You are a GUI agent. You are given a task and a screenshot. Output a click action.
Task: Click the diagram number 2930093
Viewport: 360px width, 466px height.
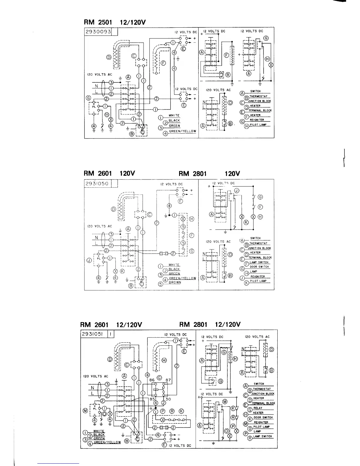coord(98,31)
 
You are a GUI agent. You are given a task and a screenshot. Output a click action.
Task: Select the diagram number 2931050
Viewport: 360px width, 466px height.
coord(97,184)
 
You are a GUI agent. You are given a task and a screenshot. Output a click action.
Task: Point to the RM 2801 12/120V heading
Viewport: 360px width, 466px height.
coord(210,324)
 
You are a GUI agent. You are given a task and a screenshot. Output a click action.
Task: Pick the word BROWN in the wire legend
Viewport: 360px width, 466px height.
coord(175,282)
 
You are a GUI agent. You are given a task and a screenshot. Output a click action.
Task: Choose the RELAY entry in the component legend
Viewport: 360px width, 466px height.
coord(258,408)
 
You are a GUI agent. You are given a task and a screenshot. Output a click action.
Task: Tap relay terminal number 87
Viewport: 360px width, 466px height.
coord(168,380)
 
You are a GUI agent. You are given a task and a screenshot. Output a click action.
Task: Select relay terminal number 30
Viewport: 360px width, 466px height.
coord(168,399)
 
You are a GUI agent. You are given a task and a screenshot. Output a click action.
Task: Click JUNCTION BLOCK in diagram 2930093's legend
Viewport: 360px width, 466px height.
coord(259,101)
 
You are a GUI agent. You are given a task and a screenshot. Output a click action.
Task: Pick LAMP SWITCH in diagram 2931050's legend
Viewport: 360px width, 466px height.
coord(259,262)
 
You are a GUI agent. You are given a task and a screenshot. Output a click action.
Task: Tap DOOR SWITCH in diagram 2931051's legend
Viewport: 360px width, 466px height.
coord(263,417)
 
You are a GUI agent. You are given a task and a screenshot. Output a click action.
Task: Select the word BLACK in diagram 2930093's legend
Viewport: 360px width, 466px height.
coord(174,121)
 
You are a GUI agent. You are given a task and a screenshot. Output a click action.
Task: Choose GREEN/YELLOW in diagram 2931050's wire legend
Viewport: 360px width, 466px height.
coord(182,278)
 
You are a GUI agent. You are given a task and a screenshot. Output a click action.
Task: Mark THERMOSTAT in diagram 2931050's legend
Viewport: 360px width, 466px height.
coord(259,243)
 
